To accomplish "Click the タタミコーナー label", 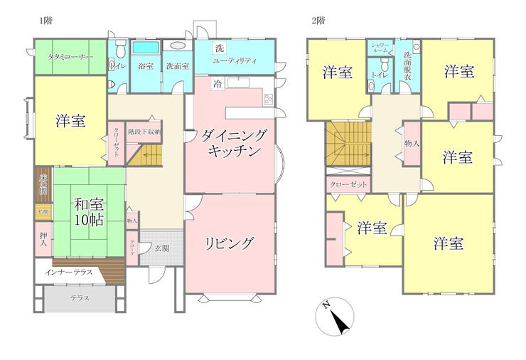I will point(70,56).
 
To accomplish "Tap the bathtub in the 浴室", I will point(146,48).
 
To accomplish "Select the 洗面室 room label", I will point(177,66).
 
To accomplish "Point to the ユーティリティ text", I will point(235,62).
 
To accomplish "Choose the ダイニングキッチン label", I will point(232,142).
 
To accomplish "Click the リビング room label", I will point(230,243).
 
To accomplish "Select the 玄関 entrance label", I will point(161,248).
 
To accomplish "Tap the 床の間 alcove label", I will point(43,184).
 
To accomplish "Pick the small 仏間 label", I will point(43,211).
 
